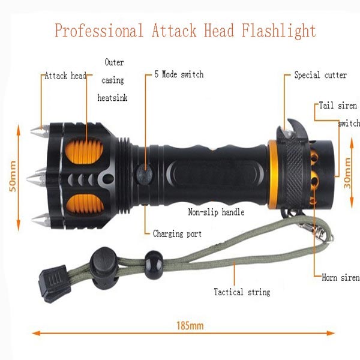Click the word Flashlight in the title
[278, 31]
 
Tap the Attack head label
[65, 76]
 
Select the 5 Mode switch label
[179, 74]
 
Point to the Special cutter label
[320, 75]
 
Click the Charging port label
[177, 234]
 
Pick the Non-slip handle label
[216, 212]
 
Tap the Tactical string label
[242, 292]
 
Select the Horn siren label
[341, 277]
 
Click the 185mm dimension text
[190, 326]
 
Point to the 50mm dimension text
[13, 176]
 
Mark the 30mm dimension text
[347, 173]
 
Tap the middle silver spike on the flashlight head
[37, 178]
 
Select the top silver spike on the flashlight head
[40, 131]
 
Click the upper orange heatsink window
[84, 151]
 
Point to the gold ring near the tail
[273, 175]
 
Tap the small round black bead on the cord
[154, 265]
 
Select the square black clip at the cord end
[53, 284]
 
